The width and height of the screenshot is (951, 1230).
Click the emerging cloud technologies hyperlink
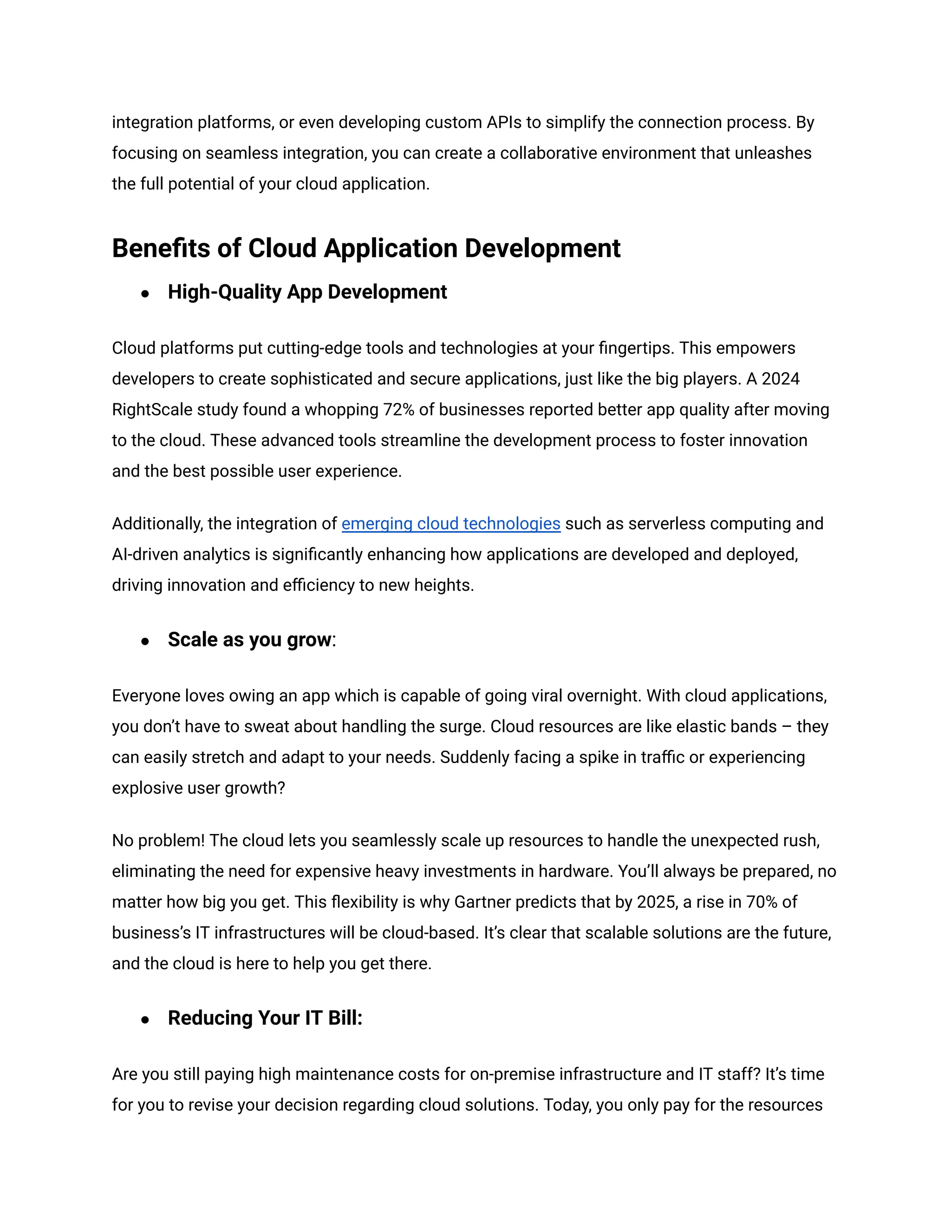[x=451, y=524]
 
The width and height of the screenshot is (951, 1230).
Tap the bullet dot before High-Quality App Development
[x=145, y=293]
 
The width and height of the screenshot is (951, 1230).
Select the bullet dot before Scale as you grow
[x=145, y=641]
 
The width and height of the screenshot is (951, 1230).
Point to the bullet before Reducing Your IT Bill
[x=145, y=1019]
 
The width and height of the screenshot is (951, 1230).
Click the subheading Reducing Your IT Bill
[x=265, y=1018]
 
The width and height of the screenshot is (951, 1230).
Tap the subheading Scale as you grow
[x=249, y=640]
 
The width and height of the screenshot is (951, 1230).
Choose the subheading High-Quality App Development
[x=307, y=292]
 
